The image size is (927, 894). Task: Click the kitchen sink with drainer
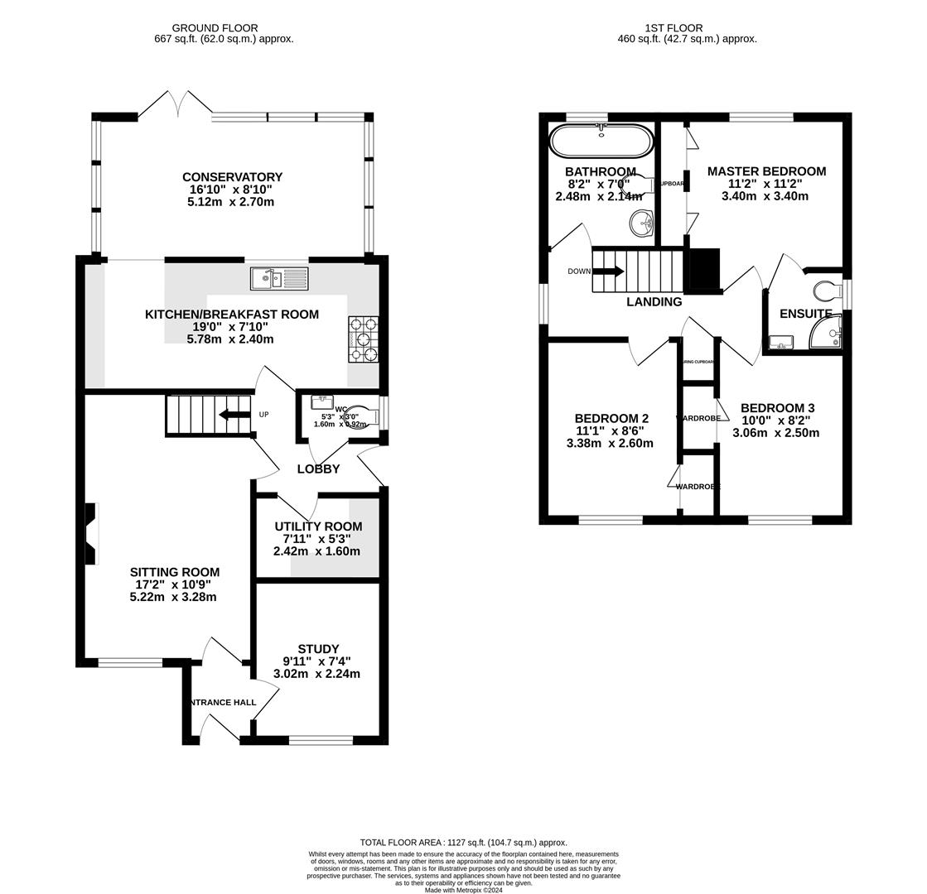(279, 279)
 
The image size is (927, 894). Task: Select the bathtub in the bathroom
(601, 141)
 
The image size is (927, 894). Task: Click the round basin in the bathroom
(641, 223)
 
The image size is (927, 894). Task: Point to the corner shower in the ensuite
(826, 333)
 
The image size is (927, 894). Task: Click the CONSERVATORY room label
(232, 177)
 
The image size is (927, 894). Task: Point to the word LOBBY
(318, 469)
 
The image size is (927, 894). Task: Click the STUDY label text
(318, 649)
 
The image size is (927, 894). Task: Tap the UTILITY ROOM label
(318, 526)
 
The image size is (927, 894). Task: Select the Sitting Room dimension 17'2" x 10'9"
(175, 584)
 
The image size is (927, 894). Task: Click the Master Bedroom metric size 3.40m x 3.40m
(765, 196)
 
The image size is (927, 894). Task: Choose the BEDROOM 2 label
(611, 419)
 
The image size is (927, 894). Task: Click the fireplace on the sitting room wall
(92, 534)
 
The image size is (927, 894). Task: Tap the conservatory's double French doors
(175, 105)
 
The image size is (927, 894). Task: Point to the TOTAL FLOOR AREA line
(463, 843)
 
